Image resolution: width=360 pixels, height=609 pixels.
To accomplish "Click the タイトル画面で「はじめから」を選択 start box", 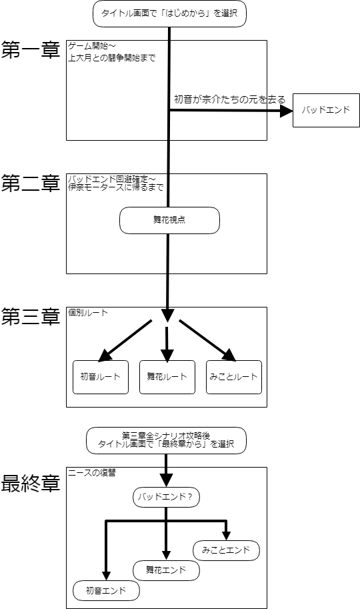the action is [170, 13].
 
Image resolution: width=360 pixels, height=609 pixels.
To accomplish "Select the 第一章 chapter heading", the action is [31, 50].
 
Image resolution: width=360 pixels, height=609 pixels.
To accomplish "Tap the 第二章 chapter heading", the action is [31, 183].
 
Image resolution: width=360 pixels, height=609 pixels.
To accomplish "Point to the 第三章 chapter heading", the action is [31, 317].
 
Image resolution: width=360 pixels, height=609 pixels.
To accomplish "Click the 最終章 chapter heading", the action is [31, 484].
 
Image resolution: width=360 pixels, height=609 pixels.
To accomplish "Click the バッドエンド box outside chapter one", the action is [326, 110].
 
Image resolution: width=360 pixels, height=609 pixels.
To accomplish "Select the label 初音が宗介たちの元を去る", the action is [229, 100].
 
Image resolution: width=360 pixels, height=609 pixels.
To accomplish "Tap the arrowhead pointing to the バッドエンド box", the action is [287, 111].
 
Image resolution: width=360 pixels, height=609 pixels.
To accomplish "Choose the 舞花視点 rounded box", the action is [169, 220].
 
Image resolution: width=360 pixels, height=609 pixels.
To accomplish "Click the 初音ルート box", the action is [101, 377].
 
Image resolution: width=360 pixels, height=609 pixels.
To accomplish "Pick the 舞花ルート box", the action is [167, 377].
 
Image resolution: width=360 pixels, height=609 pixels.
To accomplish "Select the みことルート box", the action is [234, 377].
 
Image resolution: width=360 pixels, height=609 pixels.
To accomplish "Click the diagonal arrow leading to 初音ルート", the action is [125, 341].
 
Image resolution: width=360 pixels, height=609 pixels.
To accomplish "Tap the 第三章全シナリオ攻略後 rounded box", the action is [166, 440].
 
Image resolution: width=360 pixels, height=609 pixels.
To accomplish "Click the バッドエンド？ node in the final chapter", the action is [166, 497].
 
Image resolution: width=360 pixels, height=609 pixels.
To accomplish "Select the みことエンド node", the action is [226, 550].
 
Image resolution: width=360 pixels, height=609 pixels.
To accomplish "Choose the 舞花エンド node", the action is [166, 570].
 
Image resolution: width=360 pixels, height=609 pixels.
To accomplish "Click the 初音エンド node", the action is [106, 591].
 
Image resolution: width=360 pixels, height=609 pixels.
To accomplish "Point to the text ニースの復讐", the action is [92, 473].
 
